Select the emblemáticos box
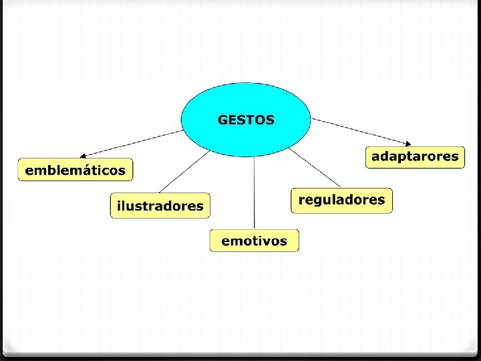point(75,170)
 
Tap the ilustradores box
point(160,205)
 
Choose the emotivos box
point(254,241)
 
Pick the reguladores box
point(341,200)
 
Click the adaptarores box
point(415,157)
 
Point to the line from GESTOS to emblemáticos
point(134,142)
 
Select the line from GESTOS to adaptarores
point(361,131)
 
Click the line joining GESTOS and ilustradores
point(184,172)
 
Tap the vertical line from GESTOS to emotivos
point(255,194)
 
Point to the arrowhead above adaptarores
point(408,142)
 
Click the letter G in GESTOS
point(222,120)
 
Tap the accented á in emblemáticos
point(85,170)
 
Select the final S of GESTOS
point(270,120)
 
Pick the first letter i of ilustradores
point(119,205)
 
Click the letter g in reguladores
point(318,201)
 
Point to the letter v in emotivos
point(272,241)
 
